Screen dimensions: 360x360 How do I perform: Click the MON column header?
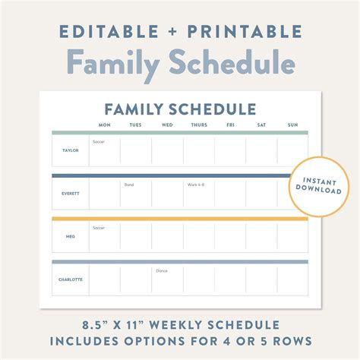[105, 125]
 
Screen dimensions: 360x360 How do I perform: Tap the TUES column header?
[135, 125]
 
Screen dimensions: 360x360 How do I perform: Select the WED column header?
[167, 125]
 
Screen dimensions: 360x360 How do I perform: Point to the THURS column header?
[199, 125]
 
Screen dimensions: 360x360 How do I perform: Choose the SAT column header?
[262, 125]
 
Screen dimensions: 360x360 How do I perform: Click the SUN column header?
[292, 125]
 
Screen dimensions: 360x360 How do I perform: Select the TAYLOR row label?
[70, 150]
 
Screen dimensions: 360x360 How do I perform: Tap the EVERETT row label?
[70, 193]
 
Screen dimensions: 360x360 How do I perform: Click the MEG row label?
[70, 236]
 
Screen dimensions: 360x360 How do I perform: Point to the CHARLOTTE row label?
[70, 279]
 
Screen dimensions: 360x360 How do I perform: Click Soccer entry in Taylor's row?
[99, 142]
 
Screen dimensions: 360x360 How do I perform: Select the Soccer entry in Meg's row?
[99, 228]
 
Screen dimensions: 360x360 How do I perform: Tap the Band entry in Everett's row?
[129, 185]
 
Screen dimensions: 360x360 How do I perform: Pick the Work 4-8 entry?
[196, 185]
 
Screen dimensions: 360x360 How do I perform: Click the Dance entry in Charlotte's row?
[162, 271]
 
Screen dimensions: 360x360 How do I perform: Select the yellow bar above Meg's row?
[180, 219]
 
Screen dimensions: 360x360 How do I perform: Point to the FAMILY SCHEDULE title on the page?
[180, 109]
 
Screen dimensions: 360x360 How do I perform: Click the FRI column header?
[230, 125]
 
